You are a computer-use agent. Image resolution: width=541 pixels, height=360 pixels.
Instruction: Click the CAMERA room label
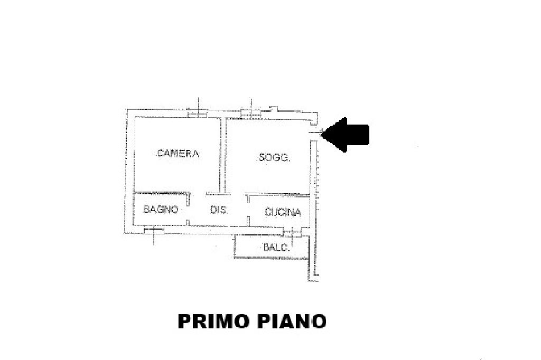tap(178, 154)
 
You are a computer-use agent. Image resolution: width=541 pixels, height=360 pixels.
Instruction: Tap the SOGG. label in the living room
tap(274, 157)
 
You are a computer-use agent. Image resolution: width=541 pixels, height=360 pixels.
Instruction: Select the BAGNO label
tap(161, 210)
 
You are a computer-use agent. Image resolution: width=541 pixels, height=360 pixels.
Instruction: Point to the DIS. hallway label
tap(219, 210)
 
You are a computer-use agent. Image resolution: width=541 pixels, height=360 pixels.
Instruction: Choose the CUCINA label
tap(283, 213)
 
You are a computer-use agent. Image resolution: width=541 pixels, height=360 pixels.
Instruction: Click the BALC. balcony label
tap(276, 247)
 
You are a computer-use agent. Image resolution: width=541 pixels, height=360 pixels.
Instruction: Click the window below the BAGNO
tap(153, 230)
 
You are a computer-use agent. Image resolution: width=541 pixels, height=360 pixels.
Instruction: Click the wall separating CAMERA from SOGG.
tap(223, 156)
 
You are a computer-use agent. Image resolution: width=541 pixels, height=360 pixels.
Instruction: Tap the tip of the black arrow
tap(322, 134)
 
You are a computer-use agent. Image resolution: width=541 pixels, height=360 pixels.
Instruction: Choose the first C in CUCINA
tap(268, 213)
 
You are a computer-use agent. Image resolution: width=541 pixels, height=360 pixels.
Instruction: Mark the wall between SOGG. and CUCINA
tap(277, 194)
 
